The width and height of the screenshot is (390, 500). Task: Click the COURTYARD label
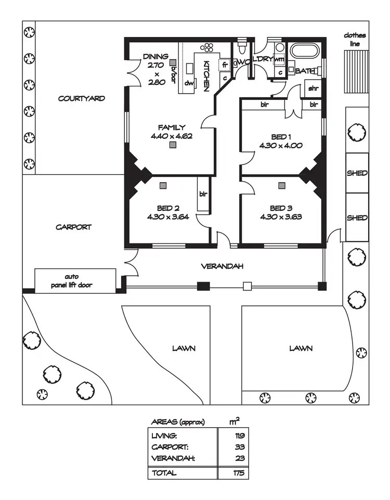(82, 98)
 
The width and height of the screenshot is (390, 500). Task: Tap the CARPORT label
(74, 227)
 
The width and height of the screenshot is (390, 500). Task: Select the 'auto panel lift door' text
(75, 281)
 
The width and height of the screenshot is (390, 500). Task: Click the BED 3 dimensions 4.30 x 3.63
(281, 217)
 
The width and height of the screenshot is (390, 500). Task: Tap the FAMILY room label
(172, 127)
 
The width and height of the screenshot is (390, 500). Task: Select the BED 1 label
(281, 136)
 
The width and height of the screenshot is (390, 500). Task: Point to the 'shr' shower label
(313, 88)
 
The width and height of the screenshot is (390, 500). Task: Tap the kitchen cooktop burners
(207, 47)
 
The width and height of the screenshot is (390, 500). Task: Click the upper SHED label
(357, 173)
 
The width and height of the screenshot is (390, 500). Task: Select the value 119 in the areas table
(239, 435)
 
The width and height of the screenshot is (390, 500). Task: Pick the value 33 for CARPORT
(239, 447)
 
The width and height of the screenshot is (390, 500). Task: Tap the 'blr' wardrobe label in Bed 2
(203, 194)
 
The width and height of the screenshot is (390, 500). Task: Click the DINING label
(156, 56)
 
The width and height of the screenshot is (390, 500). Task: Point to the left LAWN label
(184, 348)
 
